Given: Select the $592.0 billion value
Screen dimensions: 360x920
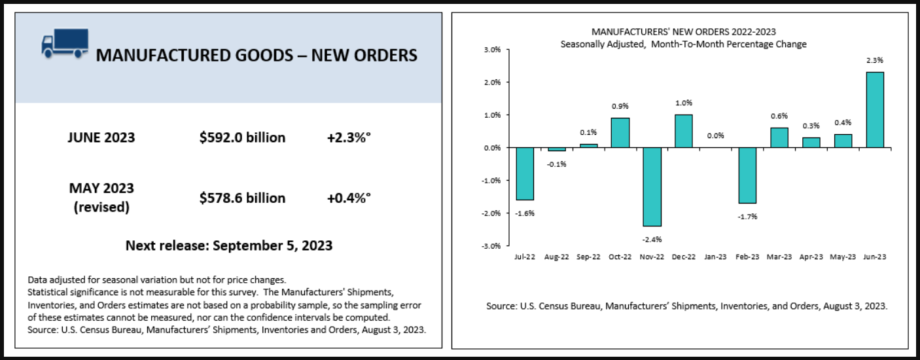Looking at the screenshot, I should tap(242, 137).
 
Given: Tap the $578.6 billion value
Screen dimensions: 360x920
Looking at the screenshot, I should tap(242, 198).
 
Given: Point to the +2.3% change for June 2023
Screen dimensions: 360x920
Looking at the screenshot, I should tap(349, 137).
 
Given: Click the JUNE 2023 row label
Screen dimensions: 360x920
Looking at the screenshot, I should tap(101, 137).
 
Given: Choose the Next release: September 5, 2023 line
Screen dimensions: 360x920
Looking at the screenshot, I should tap(229, 246).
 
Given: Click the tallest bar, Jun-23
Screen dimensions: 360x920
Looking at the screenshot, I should tap(874, 110).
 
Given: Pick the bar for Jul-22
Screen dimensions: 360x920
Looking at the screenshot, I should tap(525, 173).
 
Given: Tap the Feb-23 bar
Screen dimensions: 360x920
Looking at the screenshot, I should tap(747, 175).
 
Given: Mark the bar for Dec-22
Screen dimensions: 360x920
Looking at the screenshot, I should tap(684, 131).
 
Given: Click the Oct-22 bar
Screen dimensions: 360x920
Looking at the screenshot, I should tap(620, 133).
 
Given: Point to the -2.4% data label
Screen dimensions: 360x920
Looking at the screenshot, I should tap(652, 239).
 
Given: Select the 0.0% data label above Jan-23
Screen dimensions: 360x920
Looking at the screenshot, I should tap(716, 135).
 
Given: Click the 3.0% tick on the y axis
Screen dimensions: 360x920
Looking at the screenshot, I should tap(491, 50).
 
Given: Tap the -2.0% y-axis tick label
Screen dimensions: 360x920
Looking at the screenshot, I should tap(491, 213).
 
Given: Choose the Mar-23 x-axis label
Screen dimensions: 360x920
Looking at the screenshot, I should tap(779, 258).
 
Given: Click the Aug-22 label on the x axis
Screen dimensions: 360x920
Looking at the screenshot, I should tap(556, 258).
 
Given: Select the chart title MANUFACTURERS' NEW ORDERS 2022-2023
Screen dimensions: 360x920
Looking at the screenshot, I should tap(683, 31).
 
